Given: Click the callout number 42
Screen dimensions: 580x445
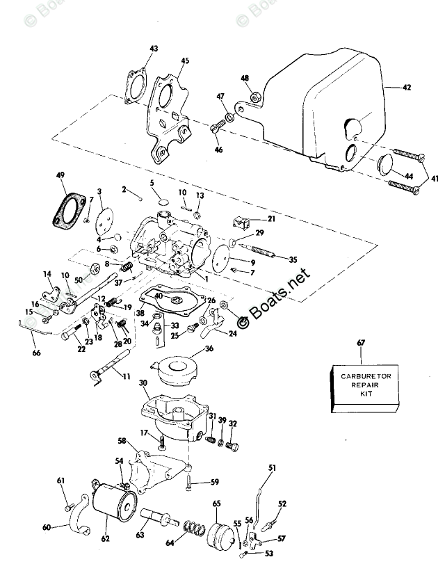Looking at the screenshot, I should [x=407, y=88].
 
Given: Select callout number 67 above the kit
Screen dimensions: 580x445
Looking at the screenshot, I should [x=361, y=342].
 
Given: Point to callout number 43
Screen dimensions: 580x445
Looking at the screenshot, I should [x=154, y=48].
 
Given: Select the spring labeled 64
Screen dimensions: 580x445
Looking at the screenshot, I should [x=193, y=535].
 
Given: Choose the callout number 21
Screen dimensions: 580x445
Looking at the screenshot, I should [x=270, y=219].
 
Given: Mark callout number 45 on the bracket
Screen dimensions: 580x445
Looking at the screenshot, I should [x=184, y=61].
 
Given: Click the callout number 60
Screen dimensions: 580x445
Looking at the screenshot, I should [x=47, y=527].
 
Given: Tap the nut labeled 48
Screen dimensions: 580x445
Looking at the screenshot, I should [x=257, y=97].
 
